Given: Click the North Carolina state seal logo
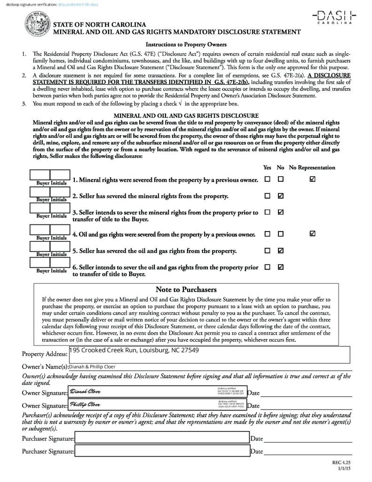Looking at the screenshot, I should (x=37, y=26).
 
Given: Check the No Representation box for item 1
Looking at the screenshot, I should (x=313, y=179).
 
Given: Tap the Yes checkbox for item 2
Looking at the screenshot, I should (x=267, y=196).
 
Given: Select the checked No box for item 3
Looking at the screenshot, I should (x=281, y=212).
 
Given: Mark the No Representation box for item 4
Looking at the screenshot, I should (x=313, y=233).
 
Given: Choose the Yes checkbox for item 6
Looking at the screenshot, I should (x=267, y=267).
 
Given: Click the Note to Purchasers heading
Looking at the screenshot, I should (x=186, y=289).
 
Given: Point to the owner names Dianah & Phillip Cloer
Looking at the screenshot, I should (x=92, y=367).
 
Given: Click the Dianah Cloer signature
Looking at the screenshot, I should (x=85, y=392).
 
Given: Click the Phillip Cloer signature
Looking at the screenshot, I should (x=85, y=404).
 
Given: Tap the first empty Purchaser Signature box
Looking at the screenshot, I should (x=162, y=438).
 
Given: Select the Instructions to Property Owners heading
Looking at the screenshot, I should (x=186, y=45).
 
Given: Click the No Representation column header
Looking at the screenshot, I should (x=312, y=168).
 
